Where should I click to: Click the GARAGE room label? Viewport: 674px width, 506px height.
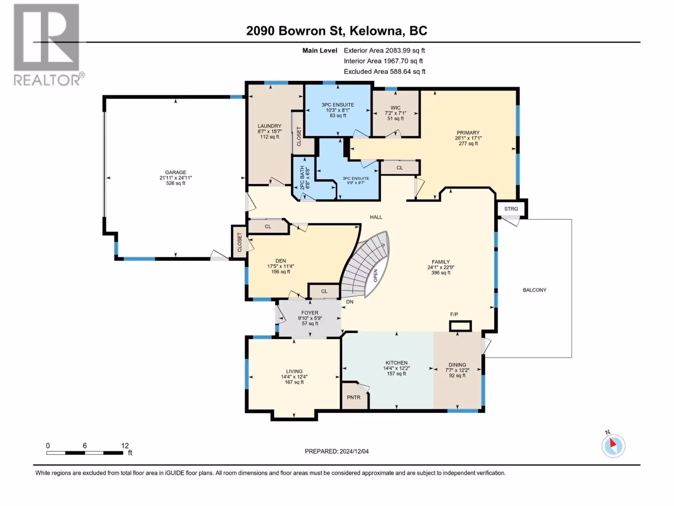(x=176, y=172)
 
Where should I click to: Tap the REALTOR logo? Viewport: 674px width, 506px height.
(x=48, y=45)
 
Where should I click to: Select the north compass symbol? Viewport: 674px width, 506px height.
(x=613, y=445)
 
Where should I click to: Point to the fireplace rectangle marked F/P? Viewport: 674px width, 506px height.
(x=460, y=326)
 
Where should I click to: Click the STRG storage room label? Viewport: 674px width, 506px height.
(x=511, y=209)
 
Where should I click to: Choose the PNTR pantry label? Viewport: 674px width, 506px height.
(x=353, y=397)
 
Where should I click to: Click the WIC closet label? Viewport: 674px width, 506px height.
(x=396, y=108)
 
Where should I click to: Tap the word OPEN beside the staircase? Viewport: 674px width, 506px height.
(x=375, y=276)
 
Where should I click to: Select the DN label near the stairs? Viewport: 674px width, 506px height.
(x=350, y=301)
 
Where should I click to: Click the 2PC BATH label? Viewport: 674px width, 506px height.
(x=302, y=178)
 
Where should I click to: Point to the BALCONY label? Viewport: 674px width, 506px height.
(x=535, y=290)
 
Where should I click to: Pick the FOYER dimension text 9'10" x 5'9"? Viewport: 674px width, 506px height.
(x=310, y=318)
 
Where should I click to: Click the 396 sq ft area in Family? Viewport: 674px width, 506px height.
(x=441, y=273)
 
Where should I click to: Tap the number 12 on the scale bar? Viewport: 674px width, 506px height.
(x=125, y=446)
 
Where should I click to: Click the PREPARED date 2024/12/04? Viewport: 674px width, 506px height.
(x=354, y=451)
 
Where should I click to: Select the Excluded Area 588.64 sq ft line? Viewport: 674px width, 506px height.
(x=385, y=72)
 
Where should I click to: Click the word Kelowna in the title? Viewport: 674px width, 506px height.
(x=375, y=31)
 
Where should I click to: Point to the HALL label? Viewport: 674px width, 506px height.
(x=376, y=217)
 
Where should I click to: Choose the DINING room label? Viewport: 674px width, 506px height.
(x=457, y=365)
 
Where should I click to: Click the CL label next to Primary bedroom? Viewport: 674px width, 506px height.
(x=399, y=168)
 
